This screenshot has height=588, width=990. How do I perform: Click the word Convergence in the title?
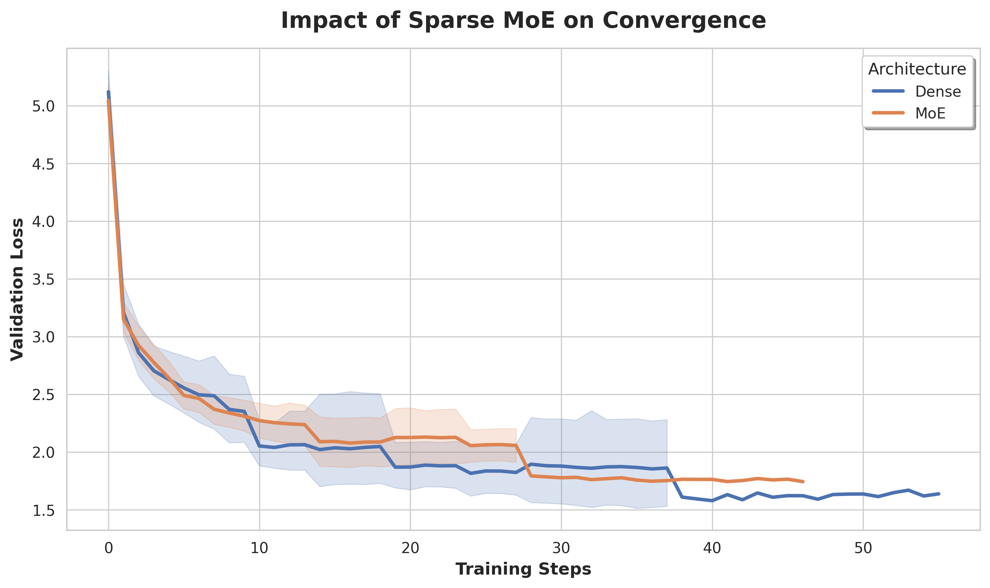(684, 20)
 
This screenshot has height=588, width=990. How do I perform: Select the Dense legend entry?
(937, 92)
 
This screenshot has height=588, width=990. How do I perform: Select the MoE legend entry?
(930, 113)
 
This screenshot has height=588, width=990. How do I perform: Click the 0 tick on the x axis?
(108, 548)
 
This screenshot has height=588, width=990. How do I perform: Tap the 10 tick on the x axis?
(259, 548)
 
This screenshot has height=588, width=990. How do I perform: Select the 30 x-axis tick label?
(561, 548)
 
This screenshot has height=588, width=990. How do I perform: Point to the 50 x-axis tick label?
(863, 548)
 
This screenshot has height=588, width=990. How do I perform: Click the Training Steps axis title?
(523, 569)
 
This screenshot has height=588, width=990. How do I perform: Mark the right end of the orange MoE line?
(803, 481)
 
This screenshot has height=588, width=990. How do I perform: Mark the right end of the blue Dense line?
(939, 494)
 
